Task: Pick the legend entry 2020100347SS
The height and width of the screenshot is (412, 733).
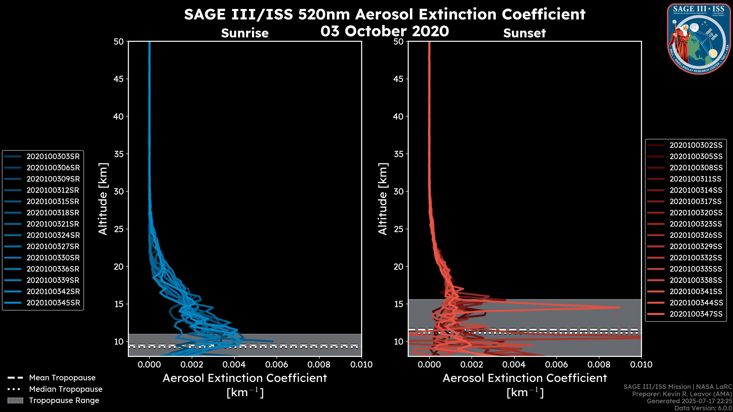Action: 696,314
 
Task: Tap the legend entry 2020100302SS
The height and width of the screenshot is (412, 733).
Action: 696,145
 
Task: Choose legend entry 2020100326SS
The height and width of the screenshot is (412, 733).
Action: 696,235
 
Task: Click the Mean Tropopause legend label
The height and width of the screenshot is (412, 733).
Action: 62,378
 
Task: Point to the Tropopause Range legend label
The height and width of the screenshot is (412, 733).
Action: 64,400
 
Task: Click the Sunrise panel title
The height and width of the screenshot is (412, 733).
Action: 245,33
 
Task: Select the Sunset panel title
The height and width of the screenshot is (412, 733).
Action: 524,33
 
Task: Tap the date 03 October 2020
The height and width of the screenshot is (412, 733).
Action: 384,31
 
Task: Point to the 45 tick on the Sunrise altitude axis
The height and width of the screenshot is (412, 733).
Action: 119,79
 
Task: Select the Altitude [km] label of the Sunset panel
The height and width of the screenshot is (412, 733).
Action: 383,199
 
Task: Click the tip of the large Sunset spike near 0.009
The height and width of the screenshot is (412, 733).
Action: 620,307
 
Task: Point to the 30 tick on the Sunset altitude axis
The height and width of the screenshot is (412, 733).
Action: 398,191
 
